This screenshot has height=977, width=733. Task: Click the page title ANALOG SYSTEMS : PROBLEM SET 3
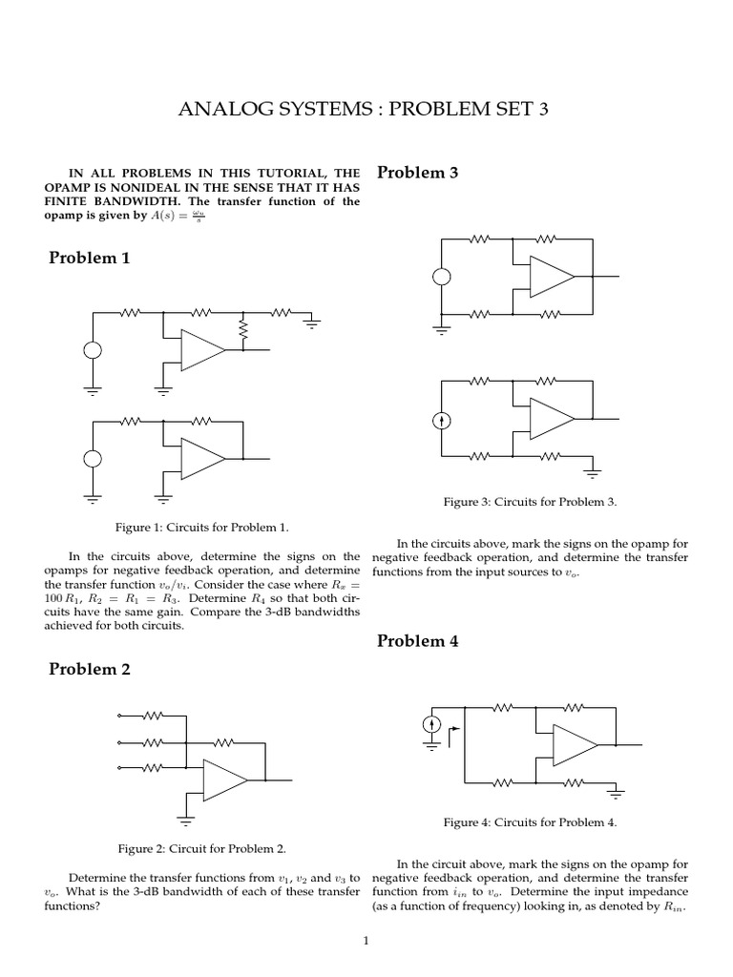tap(365, 111)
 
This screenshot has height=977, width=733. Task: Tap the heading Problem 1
tap(89, 259)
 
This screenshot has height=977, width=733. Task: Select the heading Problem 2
tap(89, 669)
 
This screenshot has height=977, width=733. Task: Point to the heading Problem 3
tap(418, 173)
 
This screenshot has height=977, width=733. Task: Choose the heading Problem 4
tap(418, 641)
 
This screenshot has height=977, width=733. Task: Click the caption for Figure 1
tap(201, 527)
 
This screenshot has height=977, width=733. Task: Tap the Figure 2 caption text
tap(201, 847)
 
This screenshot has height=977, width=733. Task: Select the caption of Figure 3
tap(531, 501)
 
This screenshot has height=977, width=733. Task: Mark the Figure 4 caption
tap(531, 821)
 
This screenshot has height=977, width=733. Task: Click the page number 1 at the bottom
tap(366, 941)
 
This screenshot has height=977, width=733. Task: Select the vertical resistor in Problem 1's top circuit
tap(243, 330)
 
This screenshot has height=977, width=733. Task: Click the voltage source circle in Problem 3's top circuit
tap(442, 279)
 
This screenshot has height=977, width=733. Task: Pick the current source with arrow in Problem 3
tap(442, 420)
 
